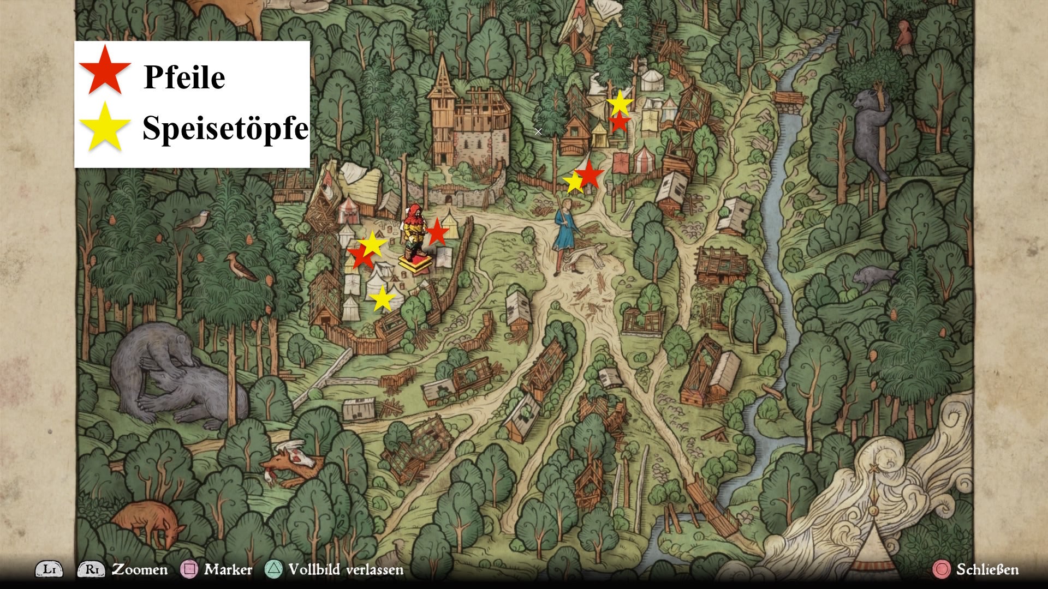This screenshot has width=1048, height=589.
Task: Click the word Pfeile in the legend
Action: tap(184, 77)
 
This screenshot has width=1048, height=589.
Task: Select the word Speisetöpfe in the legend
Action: tap(225, 128)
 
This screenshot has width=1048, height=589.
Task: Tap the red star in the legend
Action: tap(105, 70)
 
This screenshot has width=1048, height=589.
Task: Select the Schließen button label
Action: tap(987, 569)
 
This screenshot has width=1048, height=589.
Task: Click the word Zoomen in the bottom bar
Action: tap(140, 569)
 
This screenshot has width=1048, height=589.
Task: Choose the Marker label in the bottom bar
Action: tap(228, 569)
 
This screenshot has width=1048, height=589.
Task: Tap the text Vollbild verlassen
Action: tap(346, 569)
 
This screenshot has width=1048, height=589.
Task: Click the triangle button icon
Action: tap(273, 569)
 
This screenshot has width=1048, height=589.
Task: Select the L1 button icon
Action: tap(49, 569)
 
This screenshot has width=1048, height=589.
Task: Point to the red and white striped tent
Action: tap(643, 159)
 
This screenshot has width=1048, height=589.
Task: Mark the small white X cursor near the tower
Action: tap(538, 131)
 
